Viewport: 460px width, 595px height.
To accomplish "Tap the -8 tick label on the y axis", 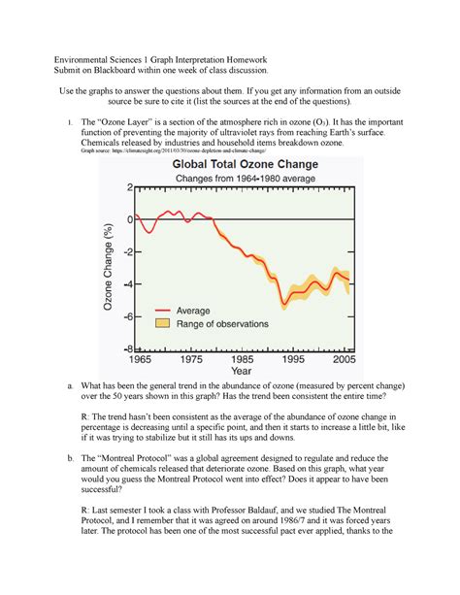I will tap(123, 347).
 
